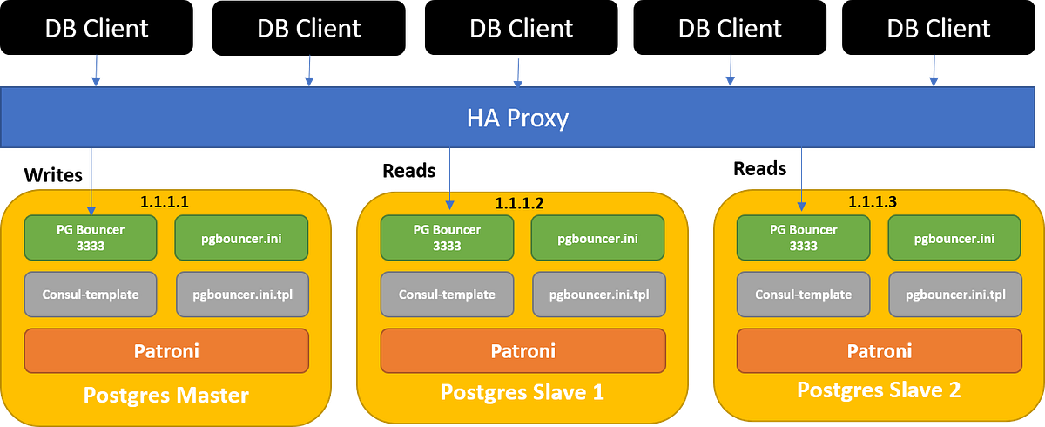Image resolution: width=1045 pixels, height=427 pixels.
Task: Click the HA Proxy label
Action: tap(517, 118)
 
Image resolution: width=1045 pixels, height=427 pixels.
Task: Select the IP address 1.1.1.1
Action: tap(165, 201)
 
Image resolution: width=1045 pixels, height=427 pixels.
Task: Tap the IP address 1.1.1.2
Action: tap(519, 203)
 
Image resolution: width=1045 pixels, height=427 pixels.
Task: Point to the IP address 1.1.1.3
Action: tap(873, 201)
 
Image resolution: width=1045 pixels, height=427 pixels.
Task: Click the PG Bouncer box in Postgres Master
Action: tap(90, 237)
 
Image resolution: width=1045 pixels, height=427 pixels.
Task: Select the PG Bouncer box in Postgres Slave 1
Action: tap(447, 237)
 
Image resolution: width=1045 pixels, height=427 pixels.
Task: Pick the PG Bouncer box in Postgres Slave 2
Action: tap(803, 237)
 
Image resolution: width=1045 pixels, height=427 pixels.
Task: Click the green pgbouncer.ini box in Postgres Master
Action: tap(241, 237)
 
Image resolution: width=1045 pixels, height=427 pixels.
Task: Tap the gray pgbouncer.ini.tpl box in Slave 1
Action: tap(598, 295)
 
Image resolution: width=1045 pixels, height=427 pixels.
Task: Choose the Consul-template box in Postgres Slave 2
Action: tap(803, 295)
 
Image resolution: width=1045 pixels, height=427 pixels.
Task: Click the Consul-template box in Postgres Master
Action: tap(90, 295)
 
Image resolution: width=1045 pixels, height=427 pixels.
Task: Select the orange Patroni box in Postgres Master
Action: tap(166, 350)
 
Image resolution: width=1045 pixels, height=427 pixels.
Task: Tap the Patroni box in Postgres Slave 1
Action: tap(522, 351)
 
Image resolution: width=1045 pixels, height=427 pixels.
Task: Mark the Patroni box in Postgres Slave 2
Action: tap(879, 350)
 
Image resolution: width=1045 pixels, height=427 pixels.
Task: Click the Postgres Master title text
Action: tap(166, 395)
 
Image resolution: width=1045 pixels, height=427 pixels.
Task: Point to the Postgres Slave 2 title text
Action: tap(879, 390)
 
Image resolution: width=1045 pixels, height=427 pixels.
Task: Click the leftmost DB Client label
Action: tap(97, 28)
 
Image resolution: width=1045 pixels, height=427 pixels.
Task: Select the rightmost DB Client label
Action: tap(938, 28)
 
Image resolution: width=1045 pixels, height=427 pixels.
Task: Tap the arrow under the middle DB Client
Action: tap(520, 71)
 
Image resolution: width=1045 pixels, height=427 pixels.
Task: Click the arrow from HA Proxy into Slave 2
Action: tap(800, 179)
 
